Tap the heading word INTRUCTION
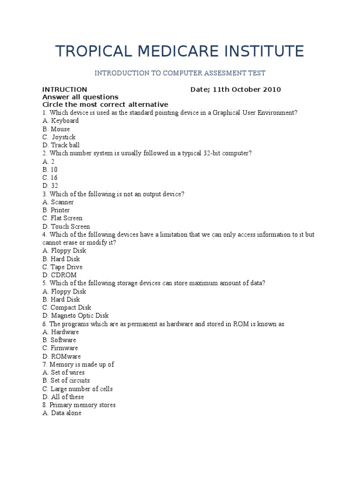[x=65, y=90]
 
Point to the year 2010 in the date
[x=271, y=90]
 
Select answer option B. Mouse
[x=56, y=129]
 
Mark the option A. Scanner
[x=58, y=202]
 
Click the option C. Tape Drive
[x=62, y=267]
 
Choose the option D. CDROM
[x=59, y=275]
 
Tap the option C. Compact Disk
[x=67, y=307]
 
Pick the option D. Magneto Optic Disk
[x=75, y=316]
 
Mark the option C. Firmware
[x=60, y=348]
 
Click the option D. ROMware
[x=61, y=356]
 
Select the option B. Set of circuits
[x=66, y=381]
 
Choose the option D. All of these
[x=63, y=397]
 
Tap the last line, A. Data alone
[x=61, y=413]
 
